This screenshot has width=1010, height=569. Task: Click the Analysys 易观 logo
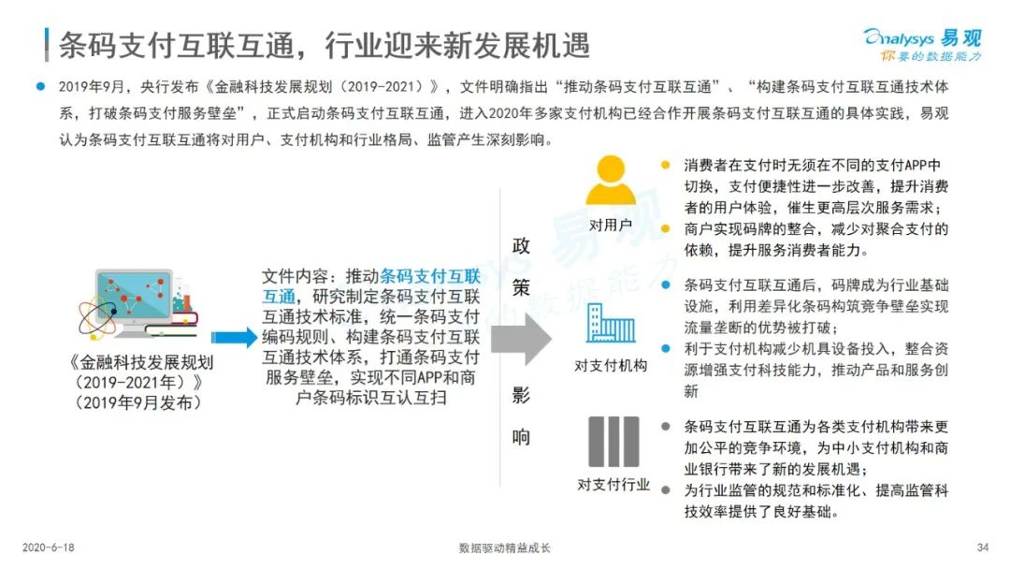(x=922, y=45)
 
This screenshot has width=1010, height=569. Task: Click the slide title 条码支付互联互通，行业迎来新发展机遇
(x=324, y=45)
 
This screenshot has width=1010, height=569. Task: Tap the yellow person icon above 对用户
(x=610, y=180)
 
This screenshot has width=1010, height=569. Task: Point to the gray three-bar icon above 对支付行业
(x=613, y=442)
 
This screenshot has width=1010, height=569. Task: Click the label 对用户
(x=611, y=225)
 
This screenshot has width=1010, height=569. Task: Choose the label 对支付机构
(x=611, y=365)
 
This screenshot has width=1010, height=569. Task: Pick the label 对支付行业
(x=613, y=485)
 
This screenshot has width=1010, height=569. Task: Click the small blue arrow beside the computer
(x=235, y=338)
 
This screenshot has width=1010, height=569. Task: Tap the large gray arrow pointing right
(x=521, y=339)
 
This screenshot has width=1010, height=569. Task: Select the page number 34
(x=982, y=547)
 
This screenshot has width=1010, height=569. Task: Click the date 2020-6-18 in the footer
(x=49, y=547)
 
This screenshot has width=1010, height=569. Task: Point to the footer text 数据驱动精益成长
(x=504, y=547)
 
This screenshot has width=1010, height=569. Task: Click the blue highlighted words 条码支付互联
(x=430, y=276)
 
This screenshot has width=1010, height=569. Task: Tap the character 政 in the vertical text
(x=521, y=245)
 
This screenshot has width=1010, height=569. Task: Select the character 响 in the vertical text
(x=521, y=438)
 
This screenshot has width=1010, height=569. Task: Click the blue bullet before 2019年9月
(x=40, y=86)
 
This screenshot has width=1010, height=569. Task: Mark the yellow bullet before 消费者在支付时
(x=666, y=165)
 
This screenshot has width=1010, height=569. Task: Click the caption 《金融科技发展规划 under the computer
(x=141, y=362)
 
